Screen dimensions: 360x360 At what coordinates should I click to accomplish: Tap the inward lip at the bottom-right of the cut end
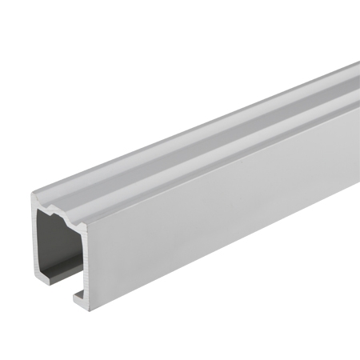pos(82,294)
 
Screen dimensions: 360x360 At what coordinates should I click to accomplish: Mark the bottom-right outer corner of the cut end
pos(89,305)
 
